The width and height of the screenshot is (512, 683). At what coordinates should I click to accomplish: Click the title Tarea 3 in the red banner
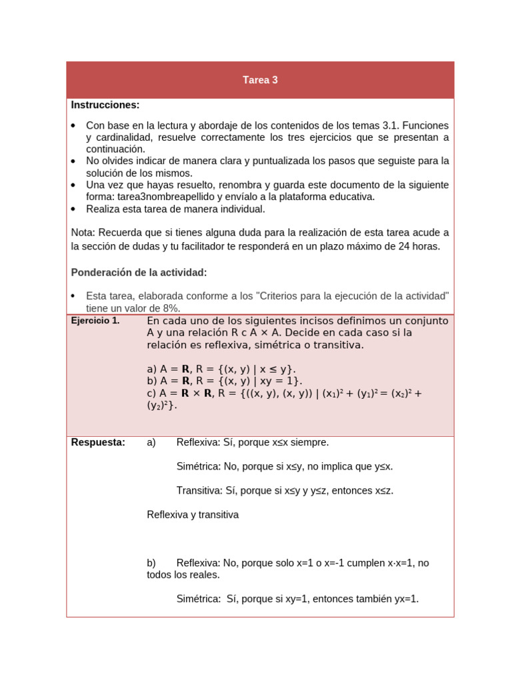point(260,80)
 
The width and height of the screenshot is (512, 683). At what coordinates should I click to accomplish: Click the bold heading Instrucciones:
point(105,105)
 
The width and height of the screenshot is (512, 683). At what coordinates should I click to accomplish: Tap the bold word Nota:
point(84,232)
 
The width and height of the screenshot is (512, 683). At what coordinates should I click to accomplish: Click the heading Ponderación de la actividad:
point(139,272)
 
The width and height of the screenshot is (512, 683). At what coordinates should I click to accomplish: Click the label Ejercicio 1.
point(95,321)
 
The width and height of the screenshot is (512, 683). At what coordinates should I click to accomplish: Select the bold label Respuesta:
point(98,442)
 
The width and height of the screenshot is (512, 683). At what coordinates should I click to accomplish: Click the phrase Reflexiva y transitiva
point(193,515)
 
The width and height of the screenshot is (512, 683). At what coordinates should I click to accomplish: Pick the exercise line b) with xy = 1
point(225,381)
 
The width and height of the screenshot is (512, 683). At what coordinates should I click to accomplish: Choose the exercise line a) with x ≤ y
point(221,369)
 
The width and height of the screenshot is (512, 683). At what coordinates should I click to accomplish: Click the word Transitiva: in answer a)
point(199,490)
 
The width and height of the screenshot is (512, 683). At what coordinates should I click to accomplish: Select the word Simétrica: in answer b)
point(199,599)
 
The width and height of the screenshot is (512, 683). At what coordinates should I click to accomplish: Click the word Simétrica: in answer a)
point(199,466)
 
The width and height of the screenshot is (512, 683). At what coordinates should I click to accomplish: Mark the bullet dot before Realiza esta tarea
point(73,209)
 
